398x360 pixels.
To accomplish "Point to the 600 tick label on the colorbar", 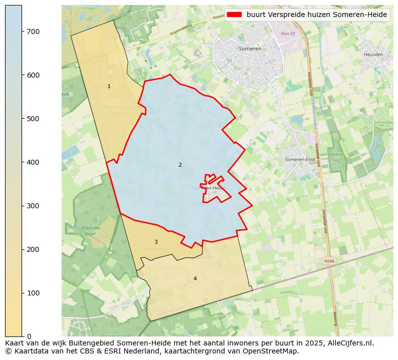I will click(x=33, y=75).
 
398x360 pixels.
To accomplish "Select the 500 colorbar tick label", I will click(x=33, y=119).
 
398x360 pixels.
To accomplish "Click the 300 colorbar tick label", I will click(x=33, y=206).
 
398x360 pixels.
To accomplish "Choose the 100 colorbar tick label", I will click(x=33, y=293).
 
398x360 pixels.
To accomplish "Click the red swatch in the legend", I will click(x=235, y=15).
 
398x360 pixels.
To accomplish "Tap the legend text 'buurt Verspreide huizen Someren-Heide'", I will click(x=317, y=15).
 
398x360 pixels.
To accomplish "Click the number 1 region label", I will click(x=109, y=87).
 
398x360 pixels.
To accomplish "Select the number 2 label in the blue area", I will click(x=180, y=165).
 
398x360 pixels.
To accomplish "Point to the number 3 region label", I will click(x=156, y=242).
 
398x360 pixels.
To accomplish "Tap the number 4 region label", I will click(x=195, y=278).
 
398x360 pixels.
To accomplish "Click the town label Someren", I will click(x=250, y=49).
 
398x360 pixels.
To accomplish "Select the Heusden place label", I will click(x=373, y=54).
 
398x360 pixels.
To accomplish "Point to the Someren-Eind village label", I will click(x=300, y=159).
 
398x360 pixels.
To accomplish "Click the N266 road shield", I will click(x=329, y=261).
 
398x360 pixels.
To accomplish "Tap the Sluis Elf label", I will click(x=289, y=33).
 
